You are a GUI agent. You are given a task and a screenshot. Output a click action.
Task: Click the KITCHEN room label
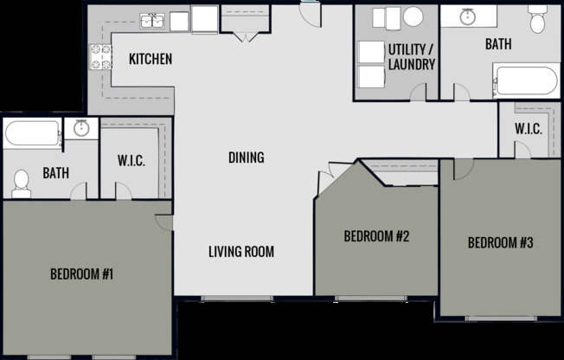(x=151, y=60)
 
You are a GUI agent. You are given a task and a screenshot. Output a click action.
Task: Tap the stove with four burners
(x=100, y=56)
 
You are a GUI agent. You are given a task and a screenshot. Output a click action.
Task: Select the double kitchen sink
(x=153, y=20)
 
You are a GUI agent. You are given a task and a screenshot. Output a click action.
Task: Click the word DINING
(x=246, y=157)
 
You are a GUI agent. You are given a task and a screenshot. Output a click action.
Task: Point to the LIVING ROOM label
(x=241, y=252)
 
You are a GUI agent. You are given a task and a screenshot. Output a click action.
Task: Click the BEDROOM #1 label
(x=82, y=274)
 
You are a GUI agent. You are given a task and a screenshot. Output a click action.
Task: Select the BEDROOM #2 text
(x=376, y=236)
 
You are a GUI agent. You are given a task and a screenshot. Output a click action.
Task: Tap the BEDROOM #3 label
(x=500, y=243)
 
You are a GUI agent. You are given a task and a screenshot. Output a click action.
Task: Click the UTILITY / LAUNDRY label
(x=411, y=56)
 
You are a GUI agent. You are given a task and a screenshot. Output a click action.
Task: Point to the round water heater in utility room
(x=413, y=16)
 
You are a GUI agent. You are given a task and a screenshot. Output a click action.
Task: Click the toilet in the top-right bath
(x=537, y=18)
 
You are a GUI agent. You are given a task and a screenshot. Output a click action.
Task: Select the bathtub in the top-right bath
(x=526, y=81)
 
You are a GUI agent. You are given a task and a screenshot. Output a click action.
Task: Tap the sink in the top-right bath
(x=468, y=16)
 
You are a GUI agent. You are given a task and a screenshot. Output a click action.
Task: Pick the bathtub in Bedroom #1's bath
(x=32, y=134)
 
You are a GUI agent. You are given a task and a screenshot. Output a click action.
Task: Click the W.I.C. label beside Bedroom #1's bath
(x=131, y=162)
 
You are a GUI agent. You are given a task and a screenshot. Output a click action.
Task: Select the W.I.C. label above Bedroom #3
(x=528, y=130)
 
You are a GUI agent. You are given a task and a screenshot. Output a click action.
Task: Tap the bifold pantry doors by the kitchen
(x=245, y=35)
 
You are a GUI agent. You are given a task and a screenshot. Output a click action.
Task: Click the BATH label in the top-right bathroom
(x=497, y=43)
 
